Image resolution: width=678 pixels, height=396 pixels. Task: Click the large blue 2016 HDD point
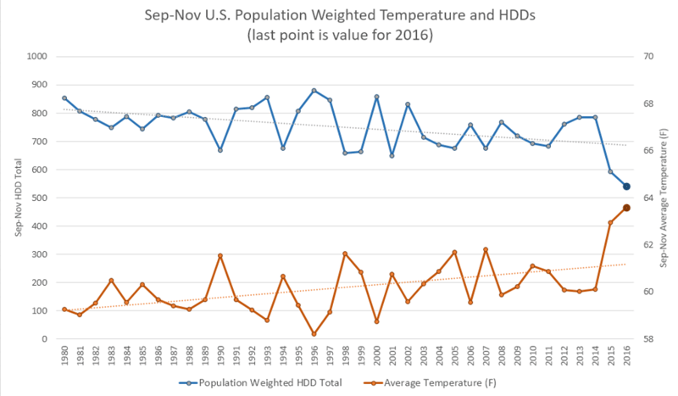tap(626, 187)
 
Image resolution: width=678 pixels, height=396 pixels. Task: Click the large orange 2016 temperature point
tap(626, 208)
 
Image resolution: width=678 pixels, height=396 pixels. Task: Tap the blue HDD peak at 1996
tap(314, 91)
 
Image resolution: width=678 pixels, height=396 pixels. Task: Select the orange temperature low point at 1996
tap(314, 334)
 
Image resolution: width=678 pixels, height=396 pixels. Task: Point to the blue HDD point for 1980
tap(64, 98)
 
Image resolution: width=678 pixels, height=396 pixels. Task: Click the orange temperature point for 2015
tap(610, 223)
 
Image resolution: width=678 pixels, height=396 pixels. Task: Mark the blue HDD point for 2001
tap(392, 156)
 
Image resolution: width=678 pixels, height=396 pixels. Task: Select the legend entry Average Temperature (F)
tap(433, 382)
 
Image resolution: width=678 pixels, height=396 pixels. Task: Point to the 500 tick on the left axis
tap(39, 198)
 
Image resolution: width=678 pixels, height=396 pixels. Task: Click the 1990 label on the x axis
tap(220, 354)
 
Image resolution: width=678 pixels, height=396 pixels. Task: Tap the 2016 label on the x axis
tap(626, 354)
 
